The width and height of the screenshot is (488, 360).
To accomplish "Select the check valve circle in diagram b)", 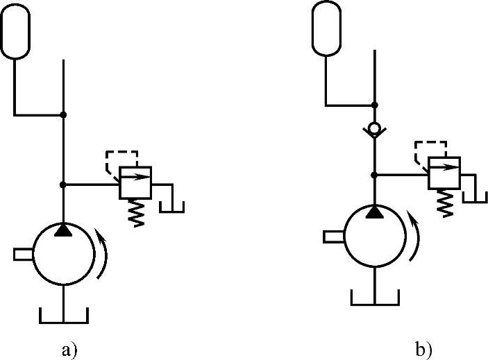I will [375, 130].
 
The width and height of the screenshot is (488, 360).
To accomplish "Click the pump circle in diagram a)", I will [63, 255].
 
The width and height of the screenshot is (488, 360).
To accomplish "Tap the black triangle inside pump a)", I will [63, 228].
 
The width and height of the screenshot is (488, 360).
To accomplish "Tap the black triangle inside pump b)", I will [375, 211].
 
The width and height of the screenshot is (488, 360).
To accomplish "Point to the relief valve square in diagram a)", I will [136, 184].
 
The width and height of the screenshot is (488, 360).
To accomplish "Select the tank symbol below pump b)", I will [375, 300].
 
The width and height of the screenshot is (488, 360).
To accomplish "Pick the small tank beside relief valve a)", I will [171, 207].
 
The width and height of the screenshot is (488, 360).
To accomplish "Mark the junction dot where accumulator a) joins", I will [63, 114].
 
